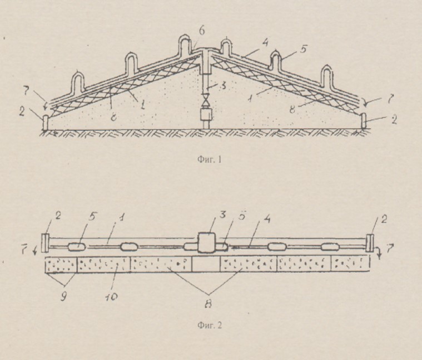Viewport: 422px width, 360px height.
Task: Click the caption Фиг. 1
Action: click(x=210, y=159)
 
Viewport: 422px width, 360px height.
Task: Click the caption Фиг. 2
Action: click(x=210, y=326)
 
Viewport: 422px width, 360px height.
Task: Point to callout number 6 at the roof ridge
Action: click(x=202, y=31)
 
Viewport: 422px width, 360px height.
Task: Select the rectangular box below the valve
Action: click(x=206, y=114)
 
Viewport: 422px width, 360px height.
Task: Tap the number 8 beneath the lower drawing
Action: click(x=208, y=303)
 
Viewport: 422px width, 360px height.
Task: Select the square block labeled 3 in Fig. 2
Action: click(x=206, y=242)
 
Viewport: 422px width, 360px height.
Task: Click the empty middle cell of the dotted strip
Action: click(x=206, y=264)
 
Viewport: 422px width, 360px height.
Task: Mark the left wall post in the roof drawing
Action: click(x=45, y=122)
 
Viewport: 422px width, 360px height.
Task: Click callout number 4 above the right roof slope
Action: click(x=265, y=42)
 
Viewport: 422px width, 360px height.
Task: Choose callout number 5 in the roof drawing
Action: click(x=303, y=49)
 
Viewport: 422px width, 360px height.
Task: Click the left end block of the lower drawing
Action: click(x=45, y=243)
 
